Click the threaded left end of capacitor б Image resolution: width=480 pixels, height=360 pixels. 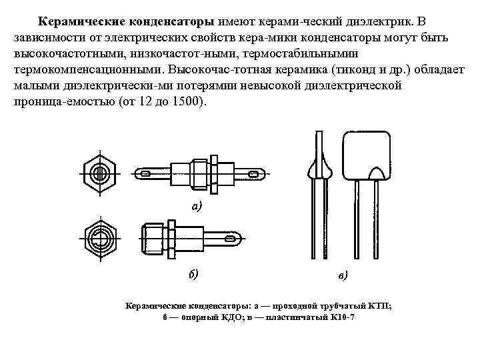(x=149, y=237)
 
